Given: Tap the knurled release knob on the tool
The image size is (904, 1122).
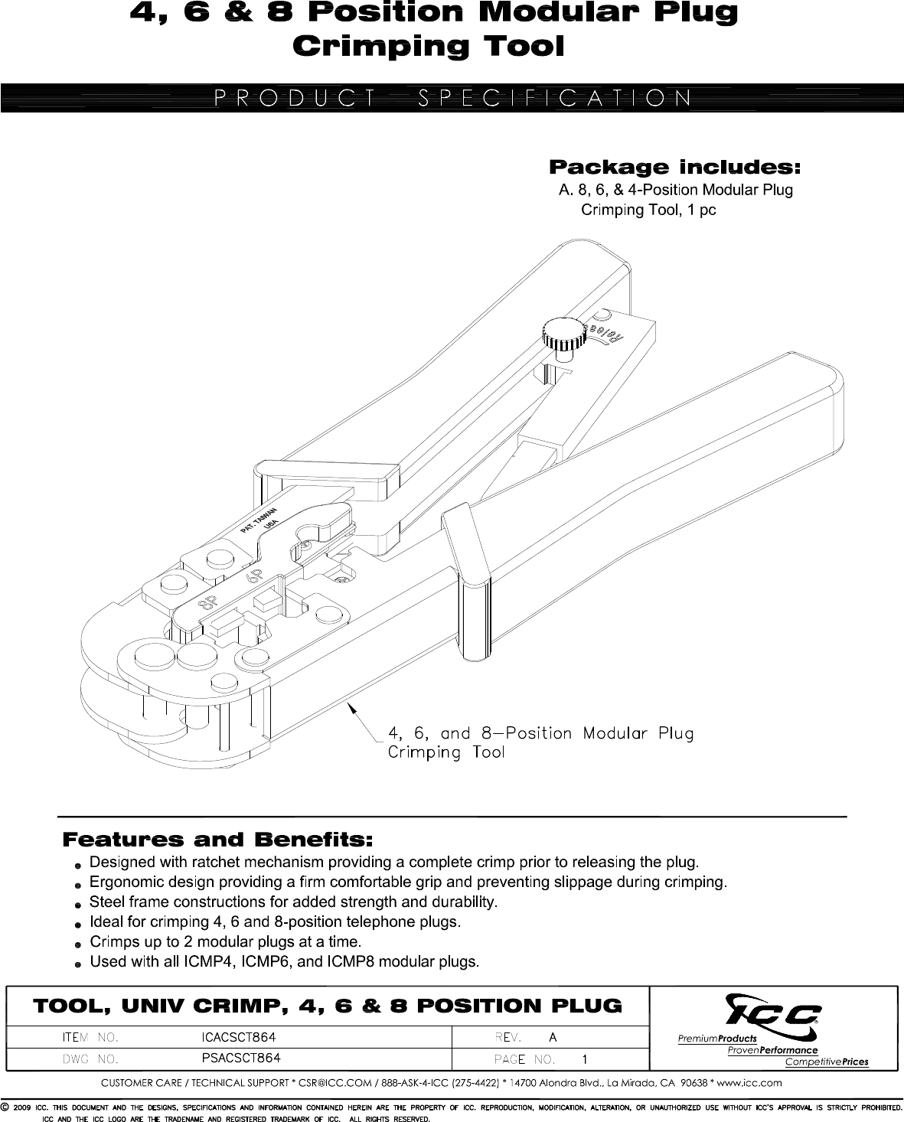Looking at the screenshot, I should click(x=560, y=334).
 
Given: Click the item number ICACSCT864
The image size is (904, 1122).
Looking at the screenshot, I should click(x=238, y=1037).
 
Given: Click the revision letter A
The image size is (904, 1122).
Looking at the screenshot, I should click(x=553, y=1037).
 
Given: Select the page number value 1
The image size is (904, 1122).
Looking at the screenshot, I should click(x=585, y=1060).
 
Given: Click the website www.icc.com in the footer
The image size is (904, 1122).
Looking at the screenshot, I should click(x=750, y=1082).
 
